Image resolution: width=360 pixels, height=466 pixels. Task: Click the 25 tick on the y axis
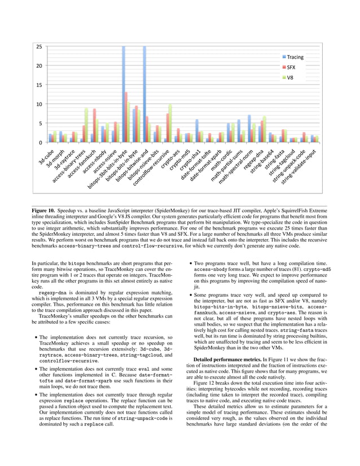click(x=39, y=46)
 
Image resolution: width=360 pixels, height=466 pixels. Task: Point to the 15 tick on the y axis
click(x=39, y=85)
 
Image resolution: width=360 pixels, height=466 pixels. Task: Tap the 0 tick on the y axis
click(x=41, y=142)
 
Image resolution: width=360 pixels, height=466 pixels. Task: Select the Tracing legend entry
click(x=295, y=57)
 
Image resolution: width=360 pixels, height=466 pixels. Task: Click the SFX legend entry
click(x=291, y=67)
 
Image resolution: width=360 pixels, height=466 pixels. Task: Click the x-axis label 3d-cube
click(x=46, y=156)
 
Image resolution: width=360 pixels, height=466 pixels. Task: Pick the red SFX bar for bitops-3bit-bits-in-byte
click(x=126, y=117)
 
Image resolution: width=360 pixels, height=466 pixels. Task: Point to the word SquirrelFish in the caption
click(x=267, y=210)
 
